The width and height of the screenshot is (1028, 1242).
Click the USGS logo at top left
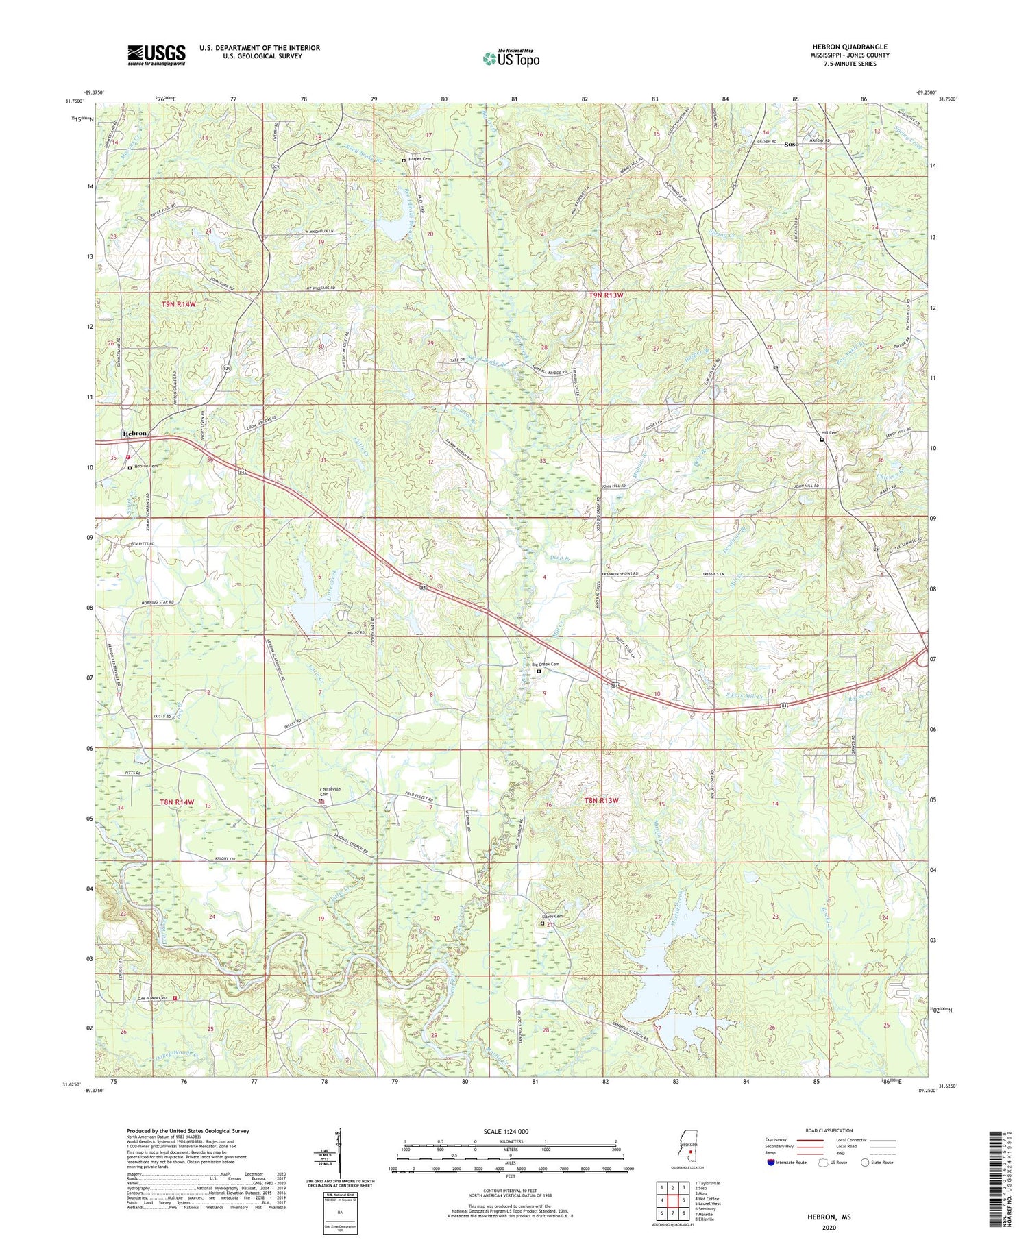coord(156,55)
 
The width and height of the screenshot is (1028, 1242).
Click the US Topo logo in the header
coord(511,58)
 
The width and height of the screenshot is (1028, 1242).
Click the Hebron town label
coord(134,434)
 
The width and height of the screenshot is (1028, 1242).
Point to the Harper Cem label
coord(419,159)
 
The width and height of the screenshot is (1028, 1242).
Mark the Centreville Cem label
coord(327,792)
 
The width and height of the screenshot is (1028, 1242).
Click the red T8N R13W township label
coord(601,800)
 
